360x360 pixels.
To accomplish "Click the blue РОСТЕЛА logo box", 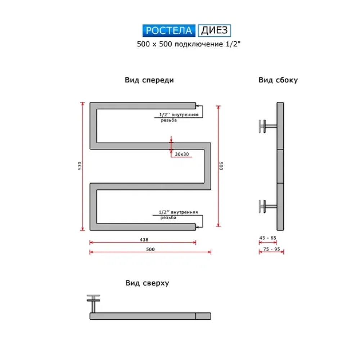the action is click(x=169, y=30).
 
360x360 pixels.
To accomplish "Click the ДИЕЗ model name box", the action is click(x=215, y=30).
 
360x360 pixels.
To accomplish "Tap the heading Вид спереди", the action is click(x=149, y=80).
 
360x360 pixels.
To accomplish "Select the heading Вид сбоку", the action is click(x=278, y=80).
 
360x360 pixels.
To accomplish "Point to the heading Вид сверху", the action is click(x=147, y=283).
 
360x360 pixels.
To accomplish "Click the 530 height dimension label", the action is click(x=80, y=166).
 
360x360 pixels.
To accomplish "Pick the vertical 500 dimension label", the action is click(x=221, y=166).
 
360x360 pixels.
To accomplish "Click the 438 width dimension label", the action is click(x=144, y=239).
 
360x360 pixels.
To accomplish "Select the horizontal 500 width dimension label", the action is click(x=150, y=249).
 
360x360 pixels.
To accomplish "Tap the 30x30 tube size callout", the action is click(x=182, y=154).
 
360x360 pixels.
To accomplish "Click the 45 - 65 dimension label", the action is click(x=268, y=238).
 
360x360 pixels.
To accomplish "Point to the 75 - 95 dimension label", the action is click(x=271, y=249).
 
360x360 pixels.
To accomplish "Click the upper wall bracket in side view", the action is click(x=268, y=126).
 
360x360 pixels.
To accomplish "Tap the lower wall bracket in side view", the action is click(x=268, y=206).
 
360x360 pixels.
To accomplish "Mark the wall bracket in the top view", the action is click(x=94, y=303).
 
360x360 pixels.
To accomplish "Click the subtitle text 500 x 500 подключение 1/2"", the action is click(x=189, y=44).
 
